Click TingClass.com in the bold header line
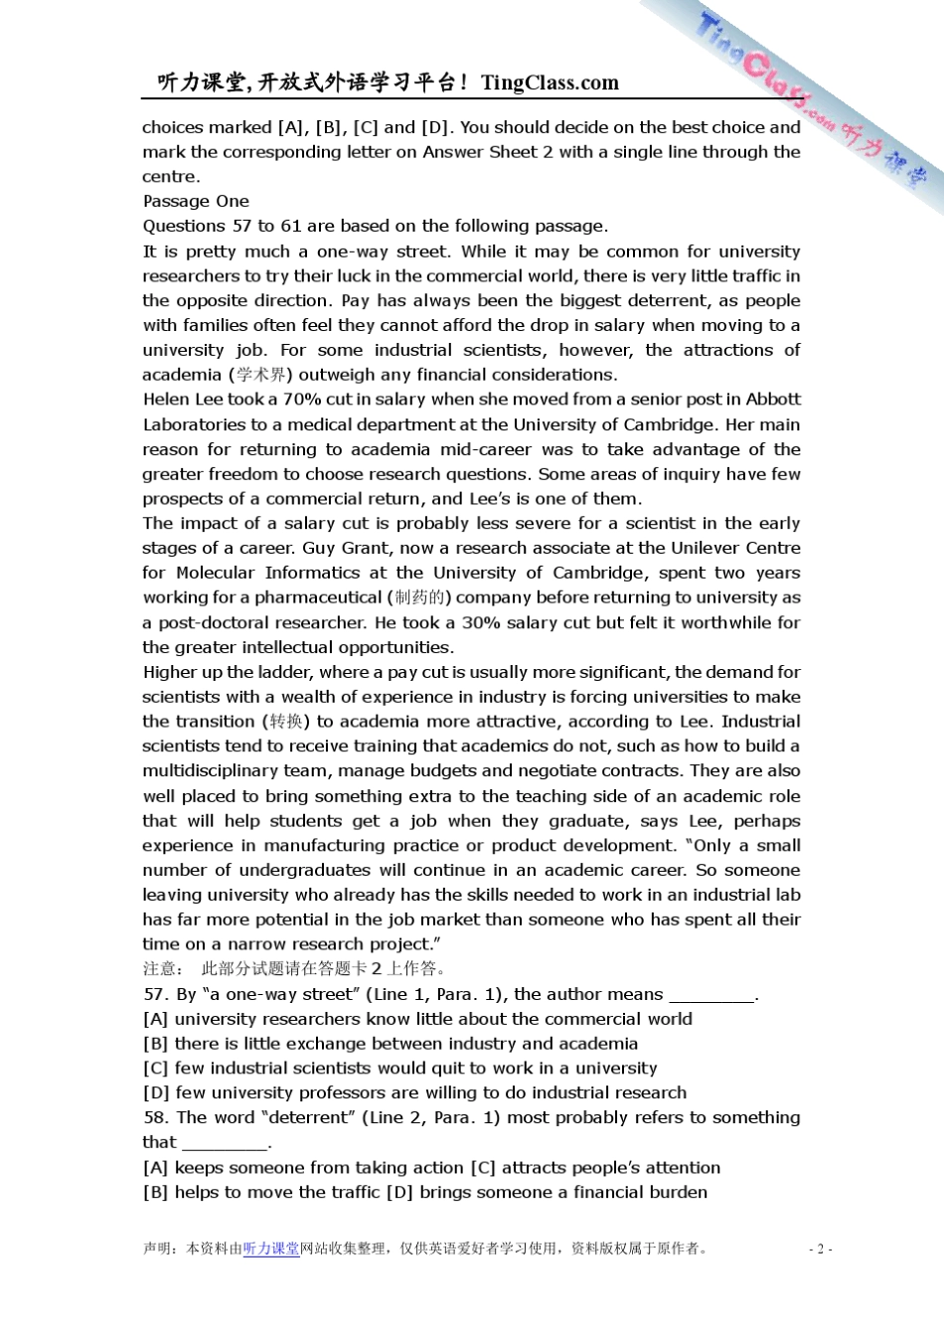click(x=550, y=83)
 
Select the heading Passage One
click(x=196, y=201)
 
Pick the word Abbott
click(x=773, y=399)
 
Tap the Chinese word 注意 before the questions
click(x=160, y=968)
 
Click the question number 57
click(x=154, y=994)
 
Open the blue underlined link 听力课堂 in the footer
click(x=271, y=1249)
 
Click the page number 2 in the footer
click(x=820, y=1250)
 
